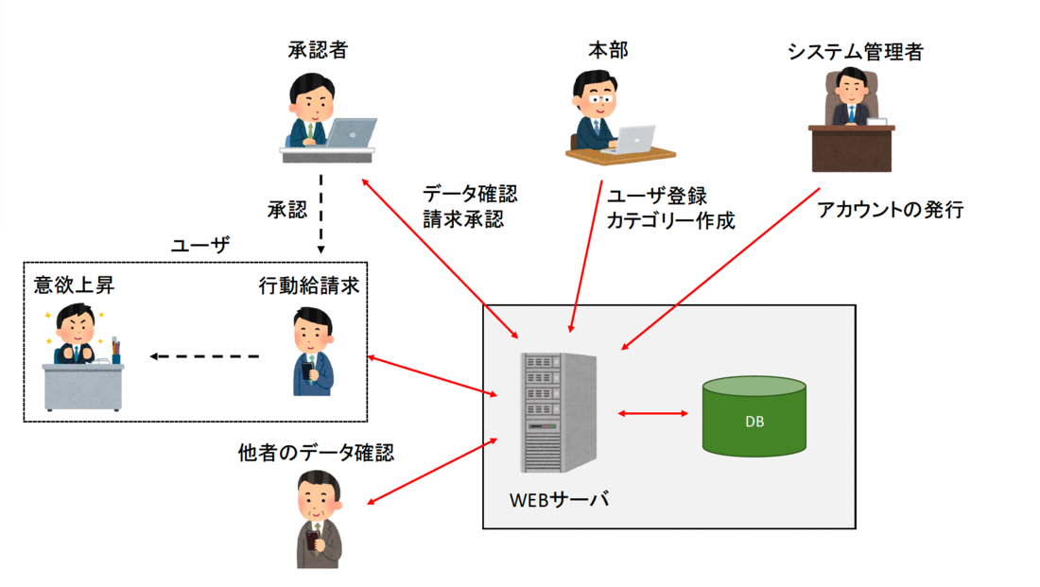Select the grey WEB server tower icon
(x=557, y=412)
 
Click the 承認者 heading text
(x=318, y=50)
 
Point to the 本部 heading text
(x=606, y=50)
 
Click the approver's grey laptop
(x=346, y=132)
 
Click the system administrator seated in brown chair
(x=850, y=98)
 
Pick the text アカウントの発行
(x=890, y=210)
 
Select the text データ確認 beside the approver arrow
(x=470, y=194)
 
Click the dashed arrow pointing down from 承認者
(x=321, y=210)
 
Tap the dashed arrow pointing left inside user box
(x=204, y=356)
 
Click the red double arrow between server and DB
(x=652, y=413)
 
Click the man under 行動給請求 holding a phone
(x=311, y=352)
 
